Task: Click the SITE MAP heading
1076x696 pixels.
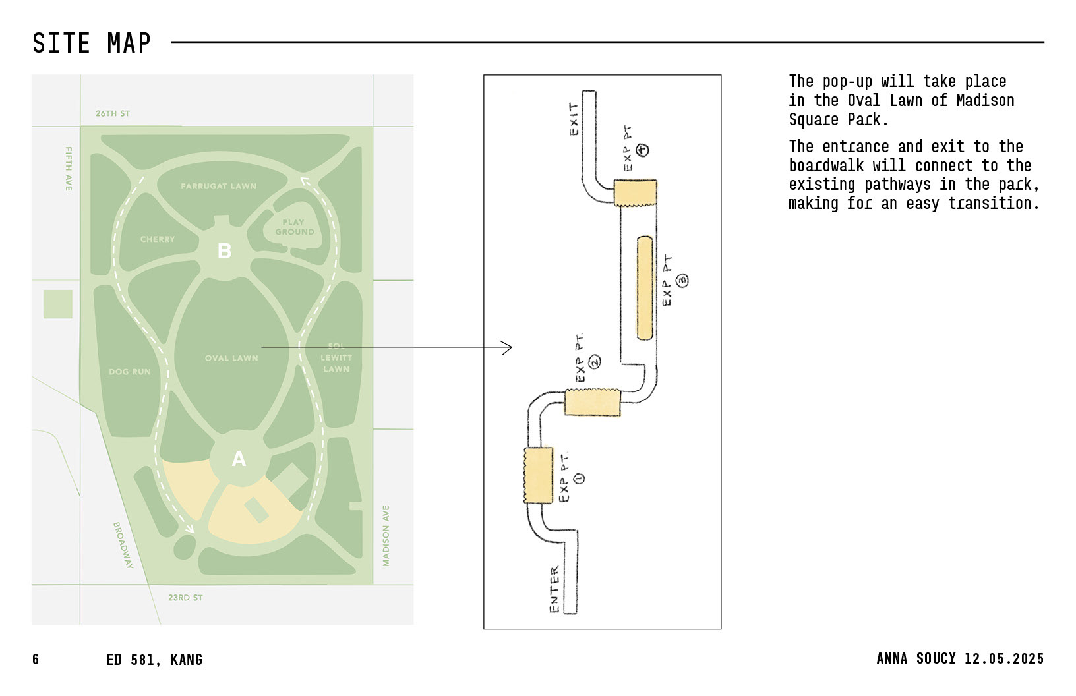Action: [x=92, y=43]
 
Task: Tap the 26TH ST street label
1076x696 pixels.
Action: [x=113, y=113]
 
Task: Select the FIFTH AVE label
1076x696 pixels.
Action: [x=69, y=169]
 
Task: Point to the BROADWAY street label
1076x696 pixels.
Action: [x=123, y=545]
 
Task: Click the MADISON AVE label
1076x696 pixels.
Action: [x=386, y=536]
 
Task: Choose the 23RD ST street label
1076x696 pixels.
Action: [x=185, y=598]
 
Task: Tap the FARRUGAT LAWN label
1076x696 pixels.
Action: [x=218, y=187]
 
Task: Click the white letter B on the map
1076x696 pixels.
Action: [x=225, y=251]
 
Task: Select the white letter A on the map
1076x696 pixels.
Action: [x=239, y=459]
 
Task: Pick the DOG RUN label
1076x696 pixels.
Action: [x=130, y=372]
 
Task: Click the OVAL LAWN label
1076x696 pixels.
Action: [x=231, y=358]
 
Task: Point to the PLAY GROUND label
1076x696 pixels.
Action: [x=294, y=227]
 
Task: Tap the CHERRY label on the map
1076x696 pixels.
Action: [x=158, y=239]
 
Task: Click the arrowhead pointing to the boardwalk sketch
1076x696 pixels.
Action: [x=508, y=347]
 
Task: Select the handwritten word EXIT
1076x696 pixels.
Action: [x=574, y=119]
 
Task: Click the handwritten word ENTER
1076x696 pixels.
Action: [x=554, y=589]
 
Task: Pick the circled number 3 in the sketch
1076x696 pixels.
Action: [x=682, y=280]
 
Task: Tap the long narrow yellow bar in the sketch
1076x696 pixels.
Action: [x=645, y=289]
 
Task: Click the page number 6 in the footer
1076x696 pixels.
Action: [x=36, y=660]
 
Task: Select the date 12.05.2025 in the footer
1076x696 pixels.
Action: [x=1004, y=658]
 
